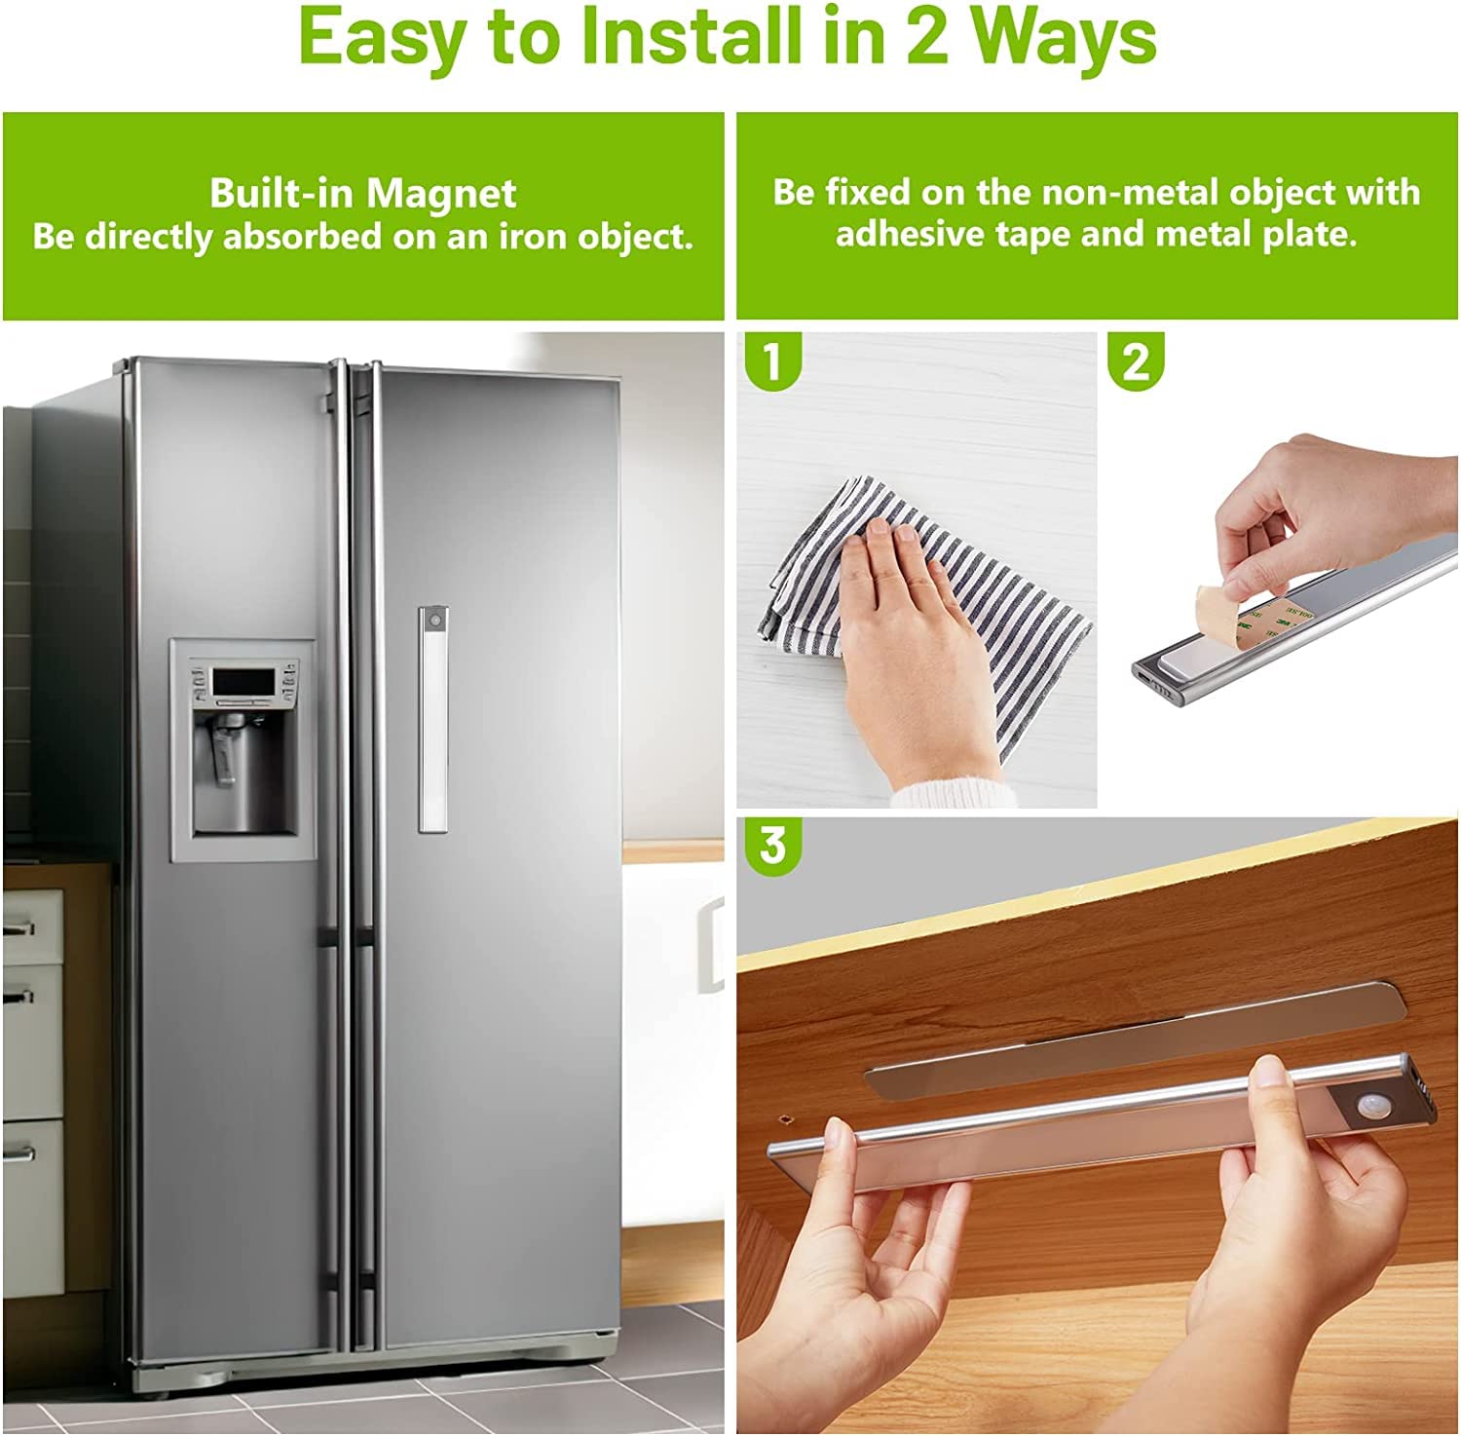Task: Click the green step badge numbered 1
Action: pyautogui.click(x=772, y=360)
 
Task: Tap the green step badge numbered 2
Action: pyautogui.click(x=1136, y=360)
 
